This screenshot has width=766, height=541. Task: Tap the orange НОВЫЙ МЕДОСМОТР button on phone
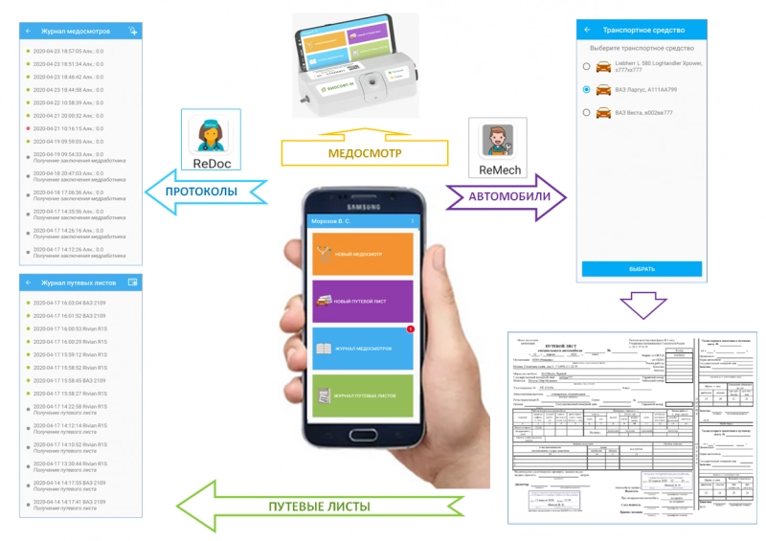click(x=362, y=254)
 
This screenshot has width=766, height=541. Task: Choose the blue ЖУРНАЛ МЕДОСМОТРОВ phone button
click(x=362, y=349)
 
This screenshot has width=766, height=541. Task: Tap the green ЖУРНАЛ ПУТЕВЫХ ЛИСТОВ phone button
click(x=362, y=395)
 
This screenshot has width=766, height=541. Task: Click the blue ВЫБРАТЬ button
click(x=642, y=269)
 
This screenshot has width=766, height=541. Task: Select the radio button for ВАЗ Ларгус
click(x=585, y=89)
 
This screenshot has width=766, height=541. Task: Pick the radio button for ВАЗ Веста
click(x=585, y=113)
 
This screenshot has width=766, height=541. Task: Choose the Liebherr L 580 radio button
click(x=585, y=66)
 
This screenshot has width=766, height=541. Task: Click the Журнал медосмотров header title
click(x=70, y=31)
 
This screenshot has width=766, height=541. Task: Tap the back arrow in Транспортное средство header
click(x=586, y=30)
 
